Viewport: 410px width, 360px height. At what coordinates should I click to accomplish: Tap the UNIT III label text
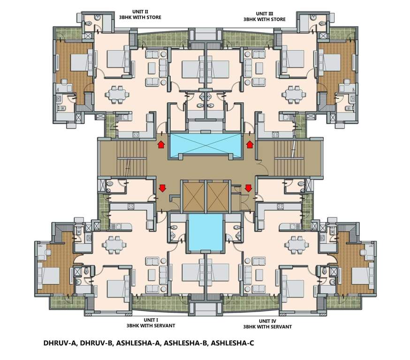tap(263, 14)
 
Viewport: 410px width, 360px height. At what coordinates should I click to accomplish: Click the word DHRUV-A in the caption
tap(60, 343)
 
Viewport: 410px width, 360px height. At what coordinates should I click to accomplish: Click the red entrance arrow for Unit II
tap(161, 144)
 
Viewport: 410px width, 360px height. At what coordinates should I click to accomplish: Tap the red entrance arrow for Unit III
tap(250, 144)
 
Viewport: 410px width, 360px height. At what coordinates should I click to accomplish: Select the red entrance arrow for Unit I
tap(162, 188)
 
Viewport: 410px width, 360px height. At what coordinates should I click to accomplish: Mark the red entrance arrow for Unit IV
tap(248, 188)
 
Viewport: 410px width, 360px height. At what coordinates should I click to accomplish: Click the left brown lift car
tap(193, 196)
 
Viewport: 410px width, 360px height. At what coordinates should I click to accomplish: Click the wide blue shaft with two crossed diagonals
tap(206, 146)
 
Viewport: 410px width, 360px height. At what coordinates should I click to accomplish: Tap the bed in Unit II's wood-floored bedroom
tap(76, 62)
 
